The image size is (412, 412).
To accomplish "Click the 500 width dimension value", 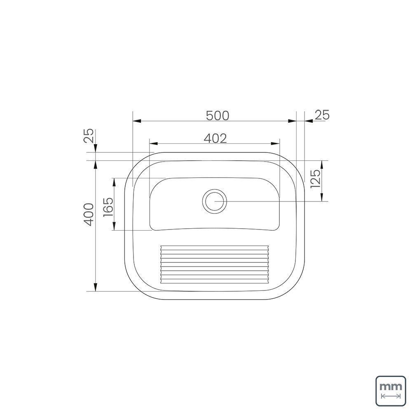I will coord(217,115).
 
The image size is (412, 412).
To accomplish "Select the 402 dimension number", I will coord(215,138).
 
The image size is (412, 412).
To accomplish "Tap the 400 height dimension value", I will coord(89,213).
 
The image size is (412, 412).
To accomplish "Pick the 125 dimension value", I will coord(315,180).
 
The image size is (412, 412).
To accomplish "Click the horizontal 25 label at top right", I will coord(322,115).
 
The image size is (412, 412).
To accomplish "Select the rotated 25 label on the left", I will coord(89,136).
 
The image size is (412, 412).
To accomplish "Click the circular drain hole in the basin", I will coord(214,201).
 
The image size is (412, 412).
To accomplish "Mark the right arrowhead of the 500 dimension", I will coord(292,121).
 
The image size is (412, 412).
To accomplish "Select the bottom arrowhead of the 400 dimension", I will coord(96,287).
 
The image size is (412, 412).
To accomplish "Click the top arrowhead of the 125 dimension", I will coord(323,164).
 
